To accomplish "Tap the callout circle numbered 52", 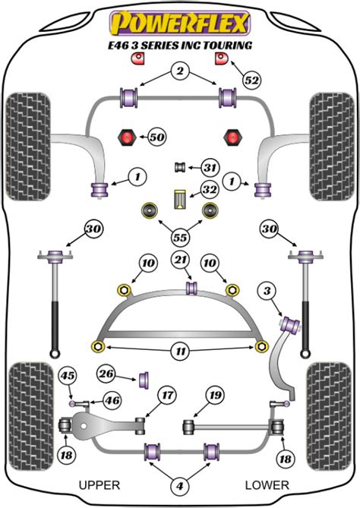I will point(251,77).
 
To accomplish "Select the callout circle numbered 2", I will point(179,72).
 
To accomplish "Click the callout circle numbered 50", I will point(156,137).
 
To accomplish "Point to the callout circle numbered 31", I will point(210,168).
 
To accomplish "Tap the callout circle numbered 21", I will point(179,261).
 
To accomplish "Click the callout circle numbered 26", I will point(106,373).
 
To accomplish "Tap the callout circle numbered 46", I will point(112,400).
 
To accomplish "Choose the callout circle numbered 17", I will point(167,395).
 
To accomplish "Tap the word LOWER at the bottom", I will point(267,484).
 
